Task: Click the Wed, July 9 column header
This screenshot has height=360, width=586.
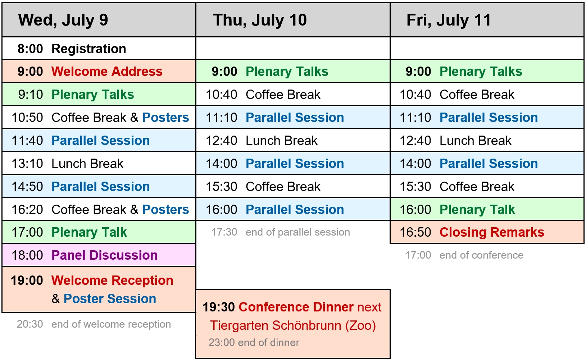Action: click(63, 20)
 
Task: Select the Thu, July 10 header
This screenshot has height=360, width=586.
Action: click(260, 20)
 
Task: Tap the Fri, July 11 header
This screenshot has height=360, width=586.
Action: click(449, 20)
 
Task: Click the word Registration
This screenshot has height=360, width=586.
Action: click(89, 49)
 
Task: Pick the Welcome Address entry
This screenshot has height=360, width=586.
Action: click(107, 72)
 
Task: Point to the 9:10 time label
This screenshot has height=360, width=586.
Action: click(30, 95)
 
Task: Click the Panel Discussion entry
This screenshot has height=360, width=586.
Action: click(104, 255)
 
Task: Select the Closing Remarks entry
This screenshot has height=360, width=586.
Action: click(492, 232)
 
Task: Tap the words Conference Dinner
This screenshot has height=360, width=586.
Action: click(296, 307)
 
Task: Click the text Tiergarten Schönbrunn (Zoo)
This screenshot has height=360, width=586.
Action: click(293, 326)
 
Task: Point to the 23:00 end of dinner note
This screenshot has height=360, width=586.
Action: click(254, 342)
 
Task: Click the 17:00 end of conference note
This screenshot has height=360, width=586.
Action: click(464, 255)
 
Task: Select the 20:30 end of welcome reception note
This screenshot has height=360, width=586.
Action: click(94, 324)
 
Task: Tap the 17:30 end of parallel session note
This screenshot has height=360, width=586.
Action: click(281, 232)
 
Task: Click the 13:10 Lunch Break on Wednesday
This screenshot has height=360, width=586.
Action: click(67, 164)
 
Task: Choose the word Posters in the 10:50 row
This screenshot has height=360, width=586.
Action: click(165, 118)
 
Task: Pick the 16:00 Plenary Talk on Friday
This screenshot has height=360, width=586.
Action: click(457, 210)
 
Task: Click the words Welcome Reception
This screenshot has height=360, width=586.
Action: click(112, 281)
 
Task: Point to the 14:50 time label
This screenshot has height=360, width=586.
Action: click(27, 187)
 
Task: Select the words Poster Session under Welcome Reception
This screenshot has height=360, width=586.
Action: click(110, 299)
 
